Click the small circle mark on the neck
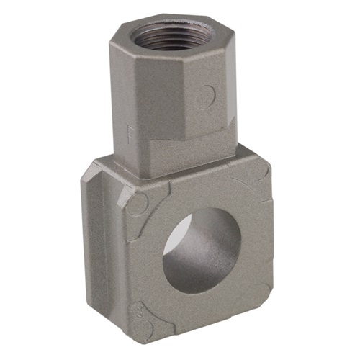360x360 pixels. pos(207,94)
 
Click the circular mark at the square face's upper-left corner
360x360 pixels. pos(139,200)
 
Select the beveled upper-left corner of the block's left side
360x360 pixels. pos(89,173)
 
